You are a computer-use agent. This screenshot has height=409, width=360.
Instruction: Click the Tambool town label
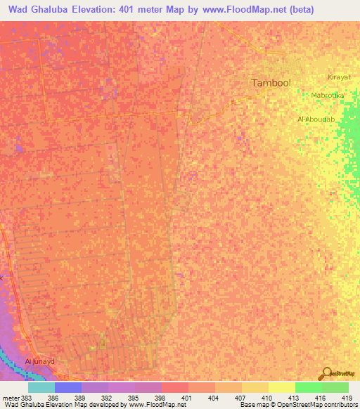pos(271,82)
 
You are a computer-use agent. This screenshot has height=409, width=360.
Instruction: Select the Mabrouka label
pos(327,95)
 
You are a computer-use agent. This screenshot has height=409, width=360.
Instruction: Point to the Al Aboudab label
pos(316,119)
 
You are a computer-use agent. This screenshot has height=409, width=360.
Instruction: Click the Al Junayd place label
pos(40,361)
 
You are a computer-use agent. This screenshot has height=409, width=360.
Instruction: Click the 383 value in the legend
pos(27,397)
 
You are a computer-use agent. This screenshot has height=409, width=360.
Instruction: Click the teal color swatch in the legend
pos(41,387)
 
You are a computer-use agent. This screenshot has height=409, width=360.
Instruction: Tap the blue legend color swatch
pos(67,387)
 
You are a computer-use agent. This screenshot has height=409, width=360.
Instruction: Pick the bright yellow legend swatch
pos(281,387)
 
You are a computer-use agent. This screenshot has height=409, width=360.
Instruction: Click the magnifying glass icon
pos(327,373)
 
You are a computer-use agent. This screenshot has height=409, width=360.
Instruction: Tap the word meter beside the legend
pos(10,397)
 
